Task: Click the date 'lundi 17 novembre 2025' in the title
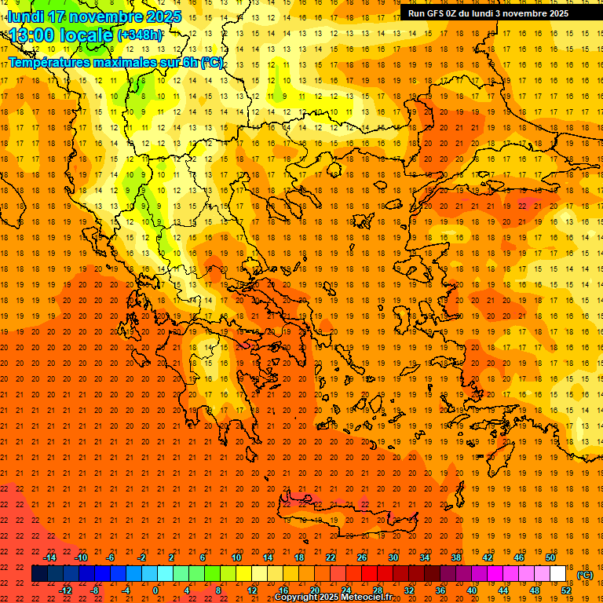[x=94, y=16]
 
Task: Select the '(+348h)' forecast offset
[x=140, y=35]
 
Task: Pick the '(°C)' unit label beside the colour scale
[x=585, y=575]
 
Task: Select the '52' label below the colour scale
[x=566, y=590]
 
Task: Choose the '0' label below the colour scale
[x=155, y=590]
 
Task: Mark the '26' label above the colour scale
[x=361, y=557]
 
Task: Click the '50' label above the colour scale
[x=550, y=557]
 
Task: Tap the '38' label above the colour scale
[x=455, y=557]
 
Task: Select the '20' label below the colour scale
[x=314, y=590]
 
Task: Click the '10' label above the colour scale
[x=236, y=557]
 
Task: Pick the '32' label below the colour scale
[x=408, y=590]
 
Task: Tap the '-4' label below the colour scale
[x=126, y=590]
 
